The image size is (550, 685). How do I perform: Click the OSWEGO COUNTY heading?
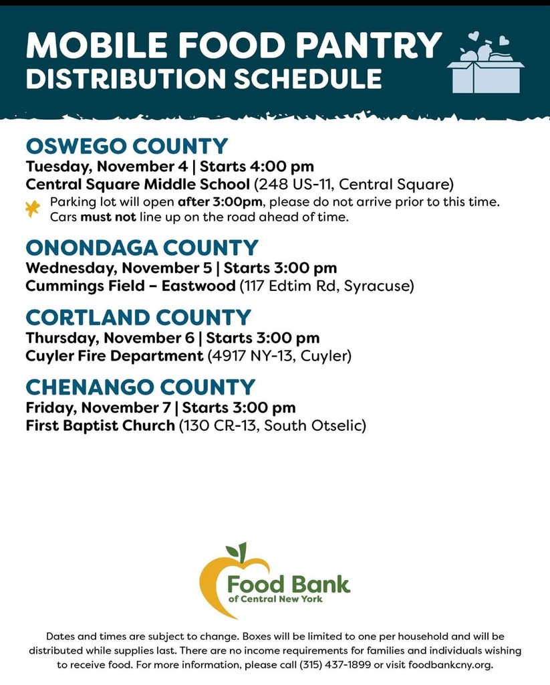tap(126, 146)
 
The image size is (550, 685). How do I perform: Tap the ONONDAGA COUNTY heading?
tap(142, 248)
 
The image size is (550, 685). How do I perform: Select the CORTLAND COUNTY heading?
tap(138, 317)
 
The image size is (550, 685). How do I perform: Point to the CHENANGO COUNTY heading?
tap(140, 387)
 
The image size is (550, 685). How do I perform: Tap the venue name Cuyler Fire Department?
tap(114, 356)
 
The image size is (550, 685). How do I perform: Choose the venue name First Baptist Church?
tap(100, 425)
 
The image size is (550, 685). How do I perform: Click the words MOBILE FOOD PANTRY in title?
tap(233, 45)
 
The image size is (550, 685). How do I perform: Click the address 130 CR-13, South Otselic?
tap(272, 425)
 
